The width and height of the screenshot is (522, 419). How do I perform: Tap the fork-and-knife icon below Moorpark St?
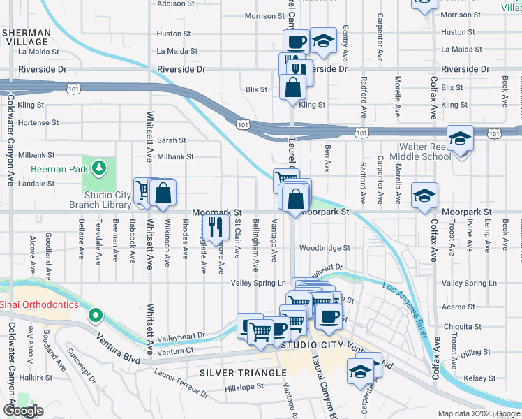click(x=216, y=226)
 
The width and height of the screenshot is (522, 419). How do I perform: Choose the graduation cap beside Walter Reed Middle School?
click(x=460, y=139)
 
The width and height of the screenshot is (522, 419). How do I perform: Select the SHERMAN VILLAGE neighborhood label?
click(x=26, y=37)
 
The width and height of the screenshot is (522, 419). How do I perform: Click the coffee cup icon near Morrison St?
click(x=295, y=42)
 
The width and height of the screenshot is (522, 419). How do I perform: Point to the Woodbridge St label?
click(x=324, y=248)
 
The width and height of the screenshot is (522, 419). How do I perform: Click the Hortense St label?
click(x=38, y=122)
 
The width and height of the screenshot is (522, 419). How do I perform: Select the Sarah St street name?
click(x=171, y=140)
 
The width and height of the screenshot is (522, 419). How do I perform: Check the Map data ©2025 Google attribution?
click(x=478, y=413)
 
